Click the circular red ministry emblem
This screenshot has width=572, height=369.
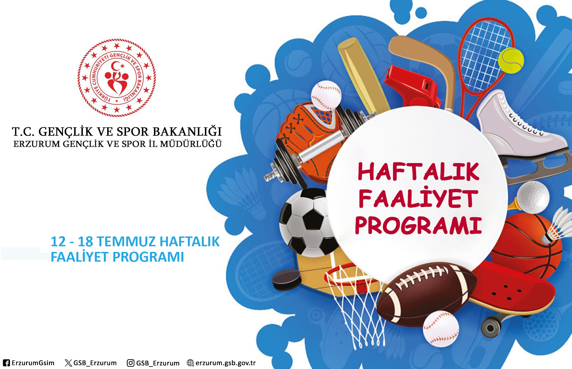[117, 78]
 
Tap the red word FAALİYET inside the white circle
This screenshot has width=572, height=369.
[418, 198]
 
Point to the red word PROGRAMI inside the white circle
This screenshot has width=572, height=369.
[418, 225]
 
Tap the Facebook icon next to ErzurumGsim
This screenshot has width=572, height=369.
[6, 363]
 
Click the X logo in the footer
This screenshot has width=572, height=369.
[68, 363]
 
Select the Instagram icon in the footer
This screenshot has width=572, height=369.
[130, 363]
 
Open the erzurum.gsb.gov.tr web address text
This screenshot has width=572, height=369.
[226, 363]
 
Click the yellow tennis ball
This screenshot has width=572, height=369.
[511, 61]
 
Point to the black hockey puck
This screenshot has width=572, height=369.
[287, 279]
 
